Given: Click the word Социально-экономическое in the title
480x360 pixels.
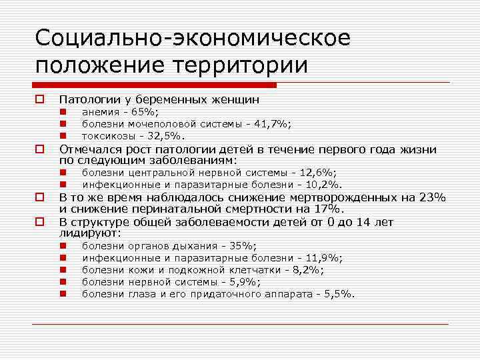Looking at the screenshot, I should (193, 38).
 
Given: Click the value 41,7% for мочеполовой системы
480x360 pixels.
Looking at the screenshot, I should (273, 123).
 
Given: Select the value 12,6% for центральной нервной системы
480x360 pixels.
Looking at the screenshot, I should (318, 173).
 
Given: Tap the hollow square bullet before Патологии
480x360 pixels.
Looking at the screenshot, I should (40, 99).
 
